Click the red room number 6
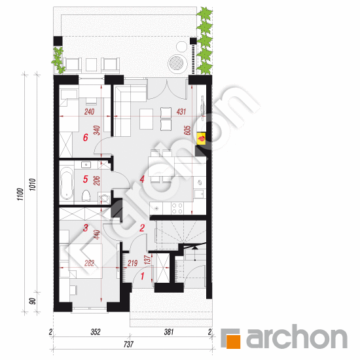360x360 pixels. tap(85, 137)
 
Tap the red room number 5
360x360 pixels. tap(85, 179)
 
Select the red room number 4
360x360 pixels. tap(142, 179)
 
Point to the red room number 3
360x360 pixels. tap(85, 228)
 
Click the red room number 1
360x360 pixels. tap(142, 276)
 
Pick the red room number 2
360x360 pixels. tap(142, 228)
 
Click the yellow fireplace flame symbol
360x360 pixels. tap(202, 139)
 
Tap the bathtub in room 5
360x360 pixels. tap(67, 183)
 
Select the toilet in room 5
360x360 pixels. tap(86, 196)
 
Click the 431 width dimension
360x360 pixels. tap(181, 111)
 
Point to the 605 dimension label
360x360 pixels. tap(187, 130)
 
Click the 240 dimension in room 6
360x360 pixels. tap(89, 111)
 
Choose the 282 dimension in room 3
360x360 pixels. tap(89, 263)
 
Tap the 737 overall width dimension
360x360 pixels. tap(128, 344)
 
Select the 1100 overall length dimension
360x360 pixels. tap(20, 194)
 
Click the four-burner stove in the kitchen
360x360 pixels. tap(177, 208)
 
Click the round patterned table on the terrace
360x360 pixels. tap(176, 63)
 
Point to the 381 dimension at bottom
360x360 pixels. tap(169, 332)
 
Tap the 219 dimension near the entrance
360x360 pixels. tap(132, 263)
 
